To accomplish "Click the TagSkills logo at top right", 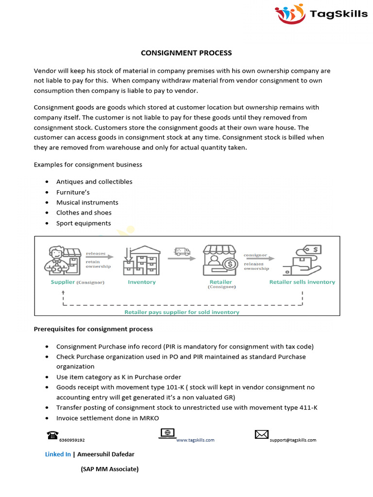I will [322, 14].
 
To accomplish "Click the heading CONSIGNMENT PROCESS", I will [186, 53].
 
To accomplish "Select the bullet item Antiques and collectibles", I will [94, 182].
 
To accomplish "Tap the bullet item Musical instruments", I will [87, 202].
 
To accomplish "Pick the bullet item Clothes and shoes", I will [84, 213].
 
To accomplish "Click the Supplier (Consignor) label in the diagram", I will [78, 282].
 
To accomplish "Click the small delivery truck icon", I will [182, 251].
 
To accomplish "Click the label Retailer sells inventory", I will [302, 282].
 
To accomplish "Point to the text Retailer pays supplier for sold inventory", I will [182, 312].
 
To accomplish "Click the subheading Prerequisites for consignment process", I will [93, 329].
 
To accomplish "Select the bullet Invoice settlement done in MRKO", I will [107, 418].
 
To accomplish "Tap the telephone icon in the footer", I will [52, 435].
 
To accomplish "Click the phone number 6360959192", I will [72, 440].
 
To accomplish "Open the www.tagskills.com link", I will [195, 440].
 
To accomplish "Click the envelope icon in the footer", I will [262, 434].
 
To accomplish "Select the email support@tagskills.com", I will [293, 440].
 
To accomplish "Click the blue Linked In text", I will [58, 454].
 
